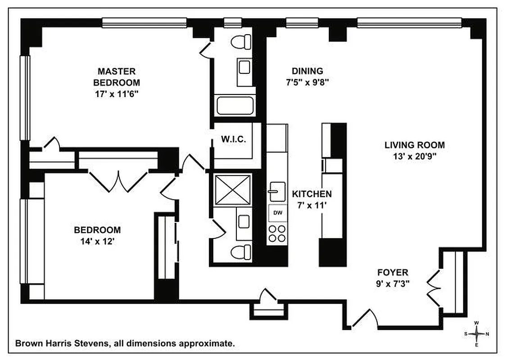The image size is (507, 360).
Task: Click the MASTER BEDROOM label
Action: (116, 77)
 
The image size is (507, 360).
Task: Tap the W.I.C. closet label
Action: (233, 139)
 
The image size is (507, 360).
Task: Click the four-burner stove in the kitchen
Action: (277, 233)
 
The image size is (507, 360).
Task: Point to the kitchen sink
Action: (276, 192)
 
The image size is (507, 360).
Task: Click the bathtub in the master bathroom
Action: (235, 105)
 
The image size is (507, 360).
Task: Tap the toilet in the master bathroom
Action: (241, 42)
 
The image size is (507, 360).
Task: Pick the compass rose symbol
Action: (476, 333)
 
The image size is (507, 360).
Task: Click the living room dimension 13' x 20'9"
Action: (414, 157)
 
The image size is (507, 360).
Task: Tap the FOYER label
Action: (393, 272)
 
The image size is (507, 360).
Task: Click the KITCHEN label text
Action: (312, 194)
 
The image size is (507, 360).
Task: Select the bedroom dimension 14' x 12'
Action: (97, 241)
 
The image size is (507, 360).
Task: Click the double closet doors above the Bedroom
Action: (118, 181)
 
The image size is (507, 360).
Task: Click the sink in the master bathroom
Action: (244, 67)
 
